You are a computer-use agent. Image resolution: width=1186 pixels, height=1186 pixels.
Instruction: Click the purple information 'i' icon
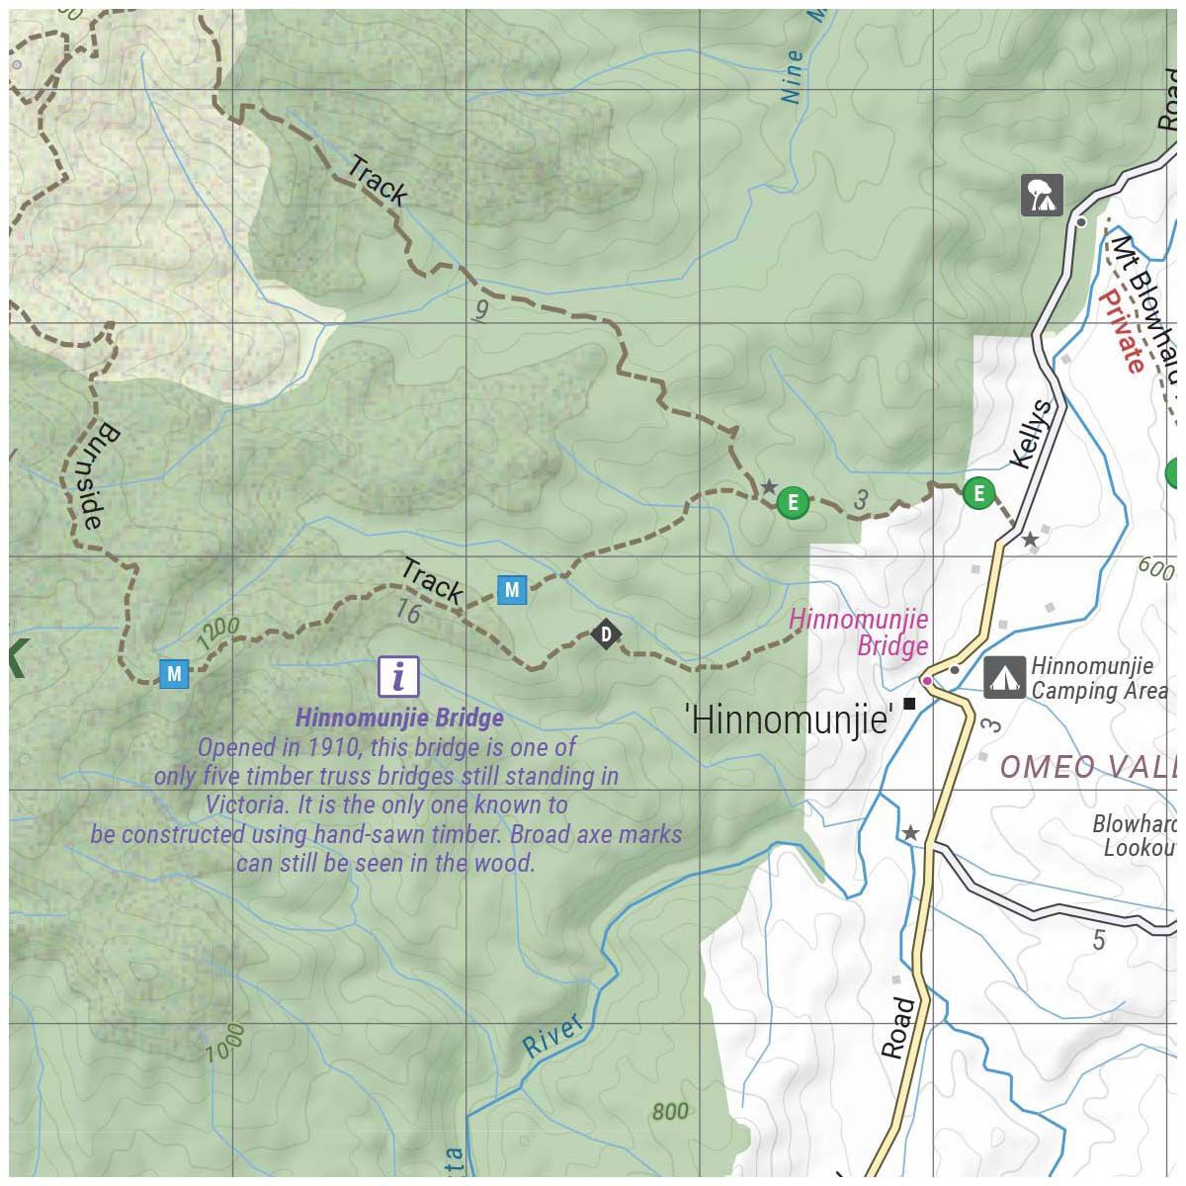[398, 676]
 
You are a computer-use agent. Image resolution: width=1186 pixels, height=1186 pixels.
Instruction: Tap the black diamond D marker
[606, 634]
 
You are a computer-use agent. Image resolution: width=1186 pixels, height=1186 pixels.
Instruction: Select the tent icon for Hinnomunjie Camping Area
[1004, 678]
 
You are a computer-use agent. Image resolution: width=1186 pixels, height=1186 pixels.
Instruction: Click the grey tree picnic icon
[1042, 195]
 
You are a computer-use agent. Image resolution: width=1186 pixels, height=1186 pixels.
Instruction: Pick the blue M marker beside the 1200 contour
[174, 674]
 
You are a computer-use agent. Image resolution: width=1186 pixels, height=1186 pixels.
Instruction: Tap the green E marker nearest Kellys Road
[978, 492]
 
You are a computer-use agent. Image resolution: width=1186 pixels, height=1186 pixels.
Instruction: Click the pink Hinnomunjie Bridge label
[859, 633]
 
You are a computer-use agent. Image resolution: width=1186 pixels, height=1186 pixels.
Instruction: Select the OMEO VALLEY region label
[1087, 767]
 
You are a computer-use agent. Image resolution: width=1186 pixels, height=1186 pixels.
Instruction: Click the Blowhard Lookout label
[1137, 836]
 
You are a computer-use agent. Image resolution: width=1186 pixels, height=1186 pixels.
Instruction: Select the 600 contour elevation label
[1155, 570]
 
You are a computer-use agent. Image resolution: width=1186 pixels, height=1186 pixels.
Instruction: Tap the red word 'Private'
[1122, 331]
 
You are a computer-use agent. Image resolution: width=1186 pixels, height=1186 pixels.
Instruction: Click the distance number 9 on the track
[481, 311]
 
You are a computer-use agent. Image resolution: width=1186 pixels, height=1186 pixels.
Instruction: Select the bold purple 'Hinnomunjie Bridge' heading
[399, 718]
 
